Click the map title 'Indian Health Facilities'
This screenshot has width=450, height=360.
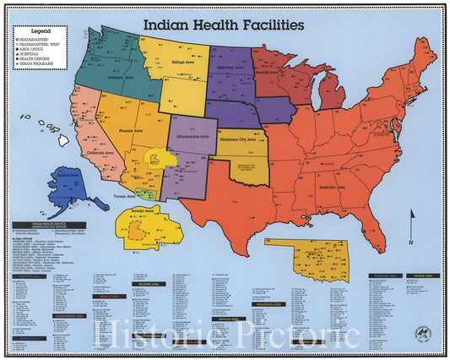[223, 25]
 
